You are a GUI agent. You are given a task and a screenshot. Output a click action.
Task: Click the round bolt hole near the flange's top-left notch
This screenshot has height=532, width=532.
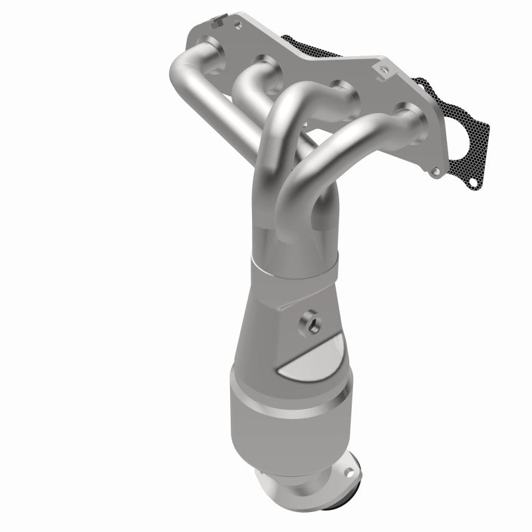(x=236, y=27)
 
